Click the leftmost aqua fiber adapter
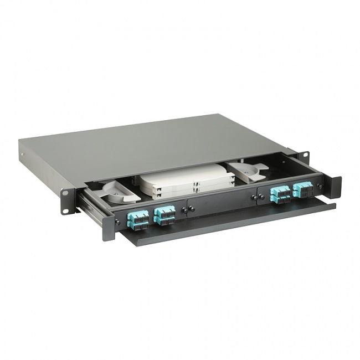(x=138, y=219)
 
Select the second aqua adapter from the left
(x=164, y=214)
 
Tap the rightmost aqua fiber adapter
(x=302, y=190)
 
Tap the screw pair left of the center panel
(x=189, y=208)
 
